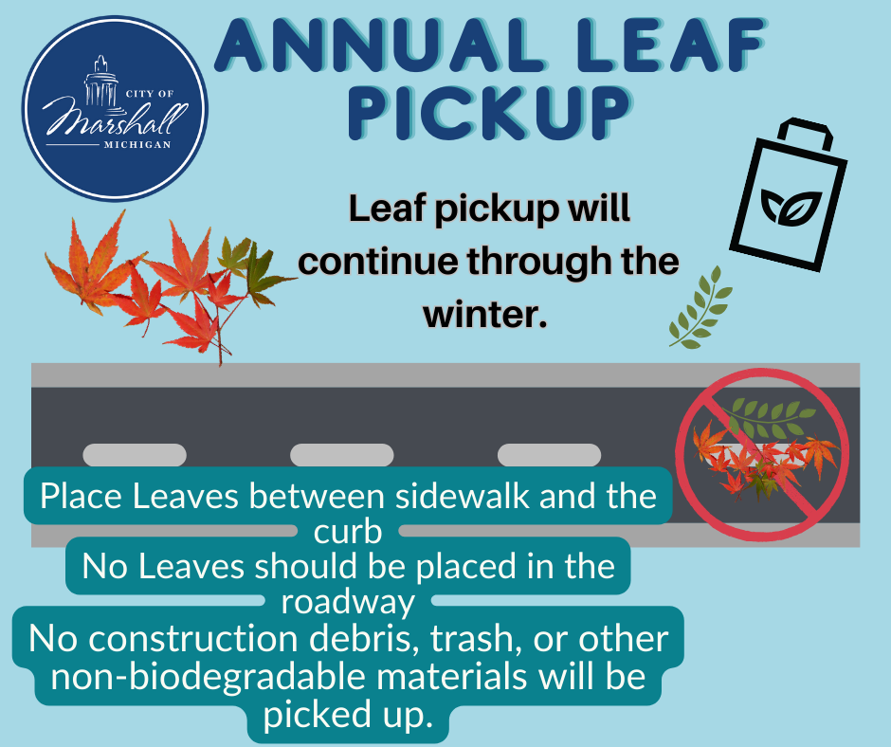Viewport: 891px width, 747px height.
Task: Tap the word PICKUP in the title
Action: point(490,113)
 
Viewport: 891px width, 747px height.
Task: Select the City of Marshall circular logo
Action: point(116,108)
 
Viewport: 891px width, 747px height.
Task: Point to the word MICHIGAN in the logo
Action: point(137,144)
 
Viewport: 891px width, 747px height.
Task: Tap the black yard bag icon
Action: point(788,194)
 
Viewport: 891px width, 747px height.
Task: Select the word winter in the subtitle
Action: point(484,314)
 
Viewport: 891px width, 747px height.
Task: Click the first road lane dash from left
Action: point(135,455)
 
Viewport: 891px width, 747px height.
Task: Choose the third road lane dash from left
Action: point(549,455)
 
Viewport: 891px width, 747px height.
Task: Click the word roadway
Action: point(348,603)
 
